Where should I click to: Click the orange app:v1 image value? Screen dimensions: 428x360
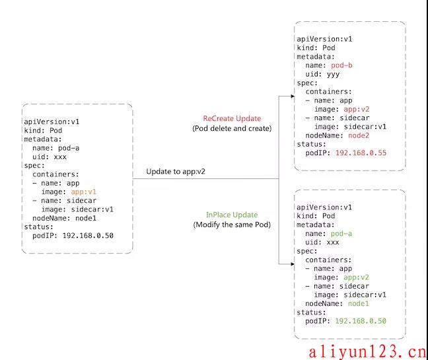tap(83, 192)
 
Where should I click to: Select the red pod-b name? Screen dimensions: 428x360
tap(341, 65)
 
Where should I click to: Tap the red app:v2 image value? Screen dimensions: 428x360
tap(357, 109)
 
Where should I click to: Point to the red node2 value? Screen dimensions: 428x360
tap(359, 135)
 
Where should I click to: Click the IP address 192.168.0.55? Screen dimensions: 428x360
tap(361, 153)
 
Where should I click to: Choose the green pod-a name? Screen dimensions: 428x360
tap(341, 234)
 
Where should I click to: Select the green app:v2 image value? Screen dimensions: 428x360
tap(356, 277)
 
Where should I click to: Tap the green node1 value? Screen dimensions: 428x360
tap(359, 303)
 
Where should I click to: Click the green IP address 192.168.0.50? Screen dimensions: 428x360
tap(361, 321)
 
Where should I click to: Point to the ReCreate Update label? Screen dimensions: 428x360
tap(232, 118)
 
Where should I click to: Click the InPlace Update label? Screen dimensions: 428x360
tap(232, 215)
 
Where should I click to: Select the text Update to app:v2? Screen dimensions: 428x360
tap(176, 172)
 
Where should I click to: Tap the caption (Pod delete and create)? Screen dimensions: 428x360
tap(232, 128)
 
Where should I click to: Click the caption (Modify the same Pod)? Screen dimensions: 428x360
tap(232, 225)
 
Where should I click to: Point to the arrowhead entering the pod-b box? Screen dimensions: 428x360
tap(293, 96)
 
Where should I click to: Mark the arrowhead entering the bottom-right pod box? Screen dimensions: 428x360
tap(293, 264)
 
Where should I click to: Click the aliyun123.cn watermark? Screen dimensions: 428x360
tap(367, 351)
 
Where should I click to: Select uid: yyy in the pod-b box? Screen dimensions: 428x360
tap(322, 74)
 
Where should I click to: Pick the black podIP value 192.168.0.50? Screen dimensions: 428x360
tap(88, 236)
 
